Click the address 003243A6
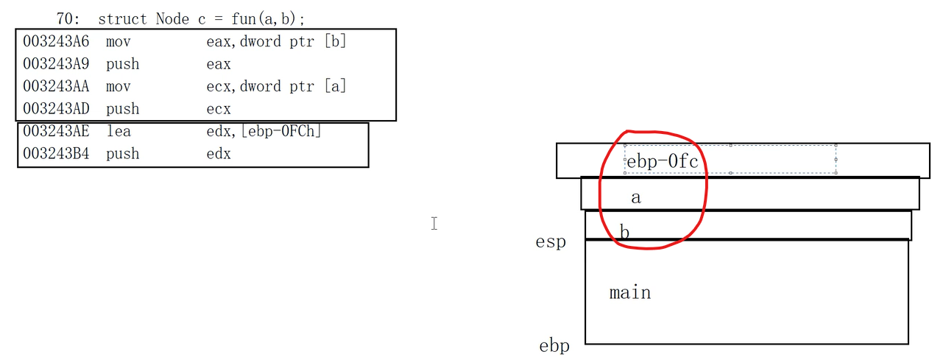[56, 42]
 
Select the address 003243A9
[56, 65]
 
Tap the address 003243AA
[56, 87]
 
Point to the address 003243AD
[56, 110]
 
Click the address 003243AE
[56, 132]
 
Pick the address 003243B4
[56, 155]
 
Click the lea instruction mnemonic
[118, 132]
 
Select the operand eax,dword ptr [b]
[276, 42]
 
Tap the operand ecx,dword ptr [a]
[276, 87]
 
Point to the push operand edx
[219, 155]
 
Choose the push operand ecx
[219, 110]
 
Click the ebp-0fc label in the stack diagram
[662, 161]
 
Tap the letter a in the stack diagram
[636, 197]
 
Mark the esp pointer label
[551, 241]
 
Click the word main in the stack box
[630, 293]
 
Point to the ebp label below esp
[554, 346]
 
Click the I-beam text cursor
[434, 223]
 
